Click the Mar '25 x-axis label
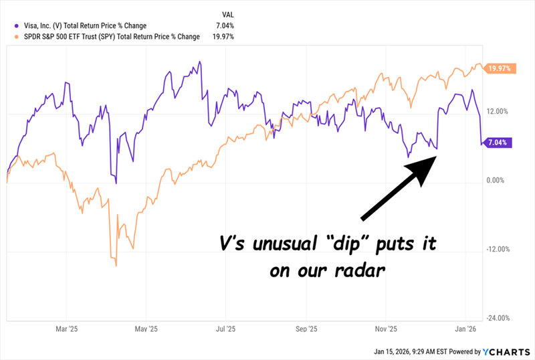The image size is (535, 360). click(67, 329)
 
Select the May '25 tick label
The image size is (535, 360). click(146, 329)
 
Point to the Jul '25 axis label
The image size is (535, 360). click(226, 329)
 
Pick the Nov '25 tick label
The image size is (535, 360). click(385, 329)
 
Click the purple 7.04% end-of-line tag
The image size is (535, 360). click(498, 143)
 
